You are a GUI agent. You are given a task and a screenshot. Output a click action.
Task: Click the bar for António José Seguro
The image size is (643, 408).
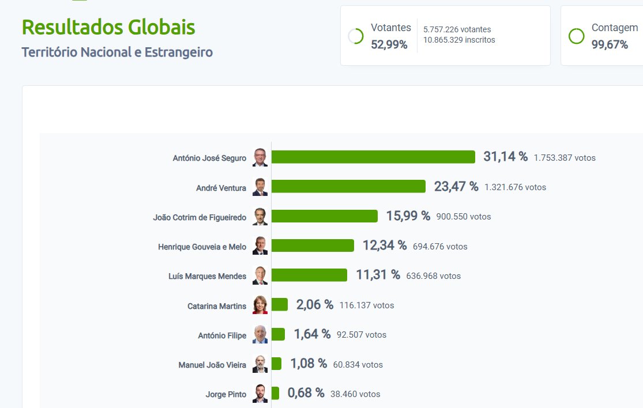(373, 157)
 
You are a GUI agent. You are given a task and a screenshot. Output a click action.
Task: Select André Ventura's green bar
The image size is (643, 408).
(348, 187)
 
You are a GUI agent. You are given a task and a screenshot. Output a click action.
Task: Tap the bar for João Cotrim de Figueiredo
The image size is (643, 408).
(324, 216)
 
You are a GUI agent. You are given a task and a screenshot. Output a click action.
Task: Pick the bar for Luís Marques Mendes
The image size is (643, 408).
(309, 275)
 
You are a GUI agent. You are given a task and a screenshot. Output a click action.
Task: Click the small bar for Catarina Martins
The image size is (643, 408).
(280, 305)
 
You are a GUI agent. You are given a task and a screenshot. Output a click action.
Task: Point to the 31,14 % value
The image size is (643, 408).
(505, 157)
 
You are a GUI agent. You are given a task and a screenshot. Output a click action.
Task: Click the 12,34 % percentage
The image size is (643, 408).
(384, 245)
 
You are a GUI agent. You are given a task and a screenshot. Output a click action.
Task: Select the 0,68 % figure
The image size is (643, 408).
(306, 394)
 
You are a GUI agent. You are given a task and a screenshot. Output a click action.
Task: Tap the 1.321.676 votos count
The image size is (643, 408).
(515, 187)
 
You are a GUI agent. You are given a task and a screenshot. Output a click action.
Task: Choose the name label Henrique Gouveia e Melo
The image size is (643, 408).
(202, 247)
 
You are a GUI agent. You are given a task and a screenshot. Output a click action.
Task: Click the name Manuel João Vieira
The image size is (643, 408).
(212, 365)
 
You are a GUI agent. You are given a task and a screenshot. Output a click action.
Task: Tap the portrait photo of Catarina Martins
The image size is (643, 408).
(260, 305)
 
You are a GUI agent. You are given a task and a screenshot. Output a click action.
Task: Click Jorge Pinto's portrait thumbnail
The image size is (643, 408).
(260, 394)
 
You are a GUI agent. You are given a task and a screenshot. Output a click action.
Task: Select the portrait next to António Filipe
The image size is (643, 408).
(260, 335)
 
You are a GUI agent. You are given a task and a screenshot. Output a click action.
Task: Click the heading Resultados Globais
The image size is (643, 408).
(108, 27)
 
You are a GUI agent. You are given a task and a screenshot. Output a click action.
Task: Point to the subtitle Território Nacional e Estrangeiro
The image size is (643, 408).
(117, 52)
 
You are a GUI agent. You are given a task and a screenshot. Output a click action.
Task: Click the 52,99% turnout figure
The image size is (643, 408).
(389, 44)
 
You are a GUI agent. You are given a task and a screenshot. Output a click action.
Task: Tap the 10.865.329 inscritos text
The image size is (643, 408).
(459, 40)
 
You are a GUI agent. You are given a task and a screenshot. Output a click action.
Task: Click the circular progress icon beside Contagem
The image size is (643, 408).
(576, 36)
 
